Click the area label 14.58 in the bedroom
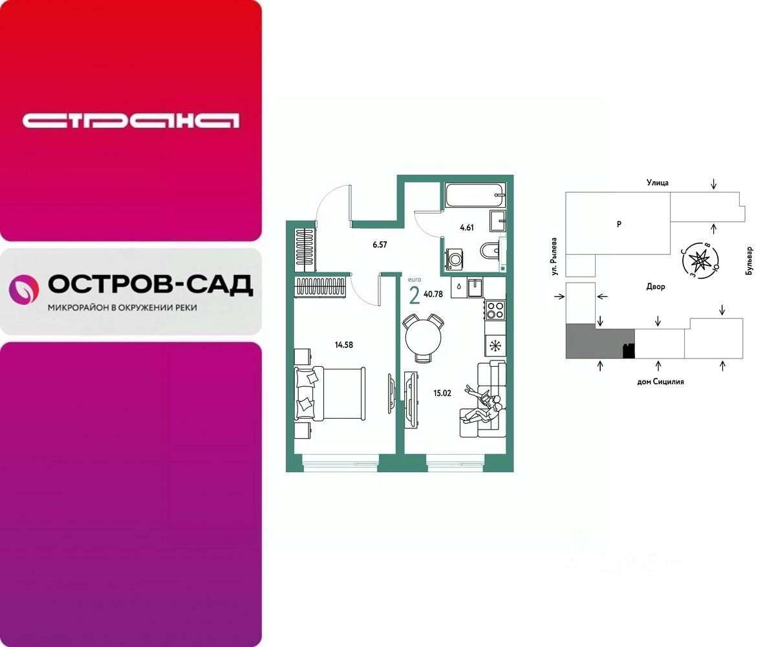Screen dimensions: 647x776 tap(344, 345)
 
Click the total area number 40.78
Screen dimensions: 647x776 tap(434, 294)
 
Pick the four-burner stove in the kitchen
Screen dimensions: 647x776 tap(495, 310)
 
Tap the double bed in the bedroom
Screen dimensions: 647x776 tap(330, 394)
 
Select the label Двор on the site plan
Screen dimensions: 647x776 tap(655, 287)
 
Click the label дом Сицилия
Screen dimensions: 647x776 tap(660, 382)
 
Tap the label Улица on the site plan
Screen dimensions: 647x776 tap(657, 182)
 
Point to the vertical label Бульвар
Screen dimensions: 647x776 tap(749, 261)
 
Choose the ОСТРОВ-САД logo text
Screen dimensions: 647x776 tap(150, 284)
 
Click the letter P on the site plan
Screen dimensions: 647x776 tap(619, 225)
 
